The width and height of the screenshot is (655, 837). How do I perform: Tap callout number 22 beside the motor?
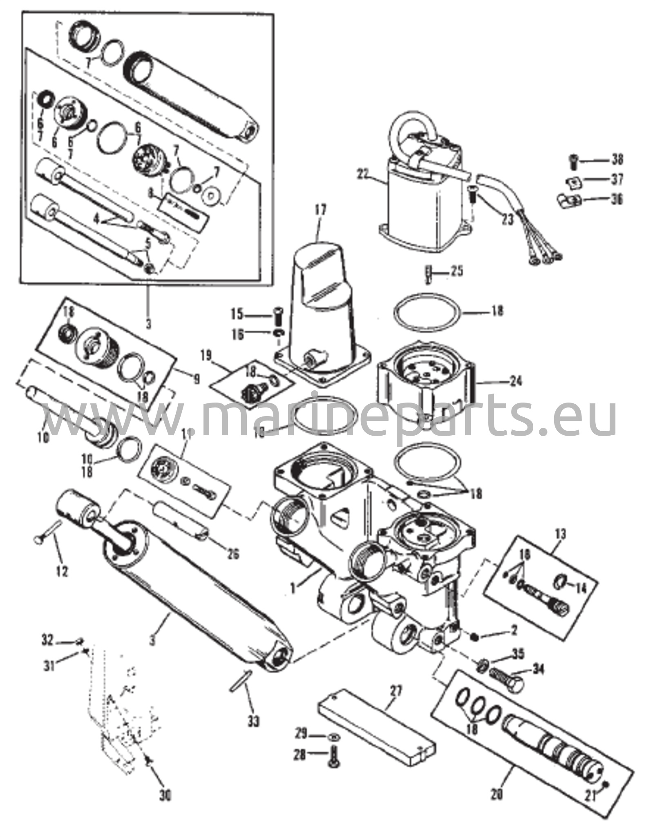coord(363,175)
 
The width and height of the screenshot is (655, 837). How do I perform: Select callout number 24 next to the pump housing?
coord(515,382)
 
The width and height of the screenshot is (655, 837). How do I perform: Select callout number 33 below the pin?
coord(253,722)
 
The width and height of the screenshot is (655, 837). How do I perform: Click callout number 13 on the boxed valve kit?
coord(561,533)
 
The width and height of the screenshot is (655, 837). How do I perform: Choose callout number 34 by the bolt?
coord(539,671)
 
